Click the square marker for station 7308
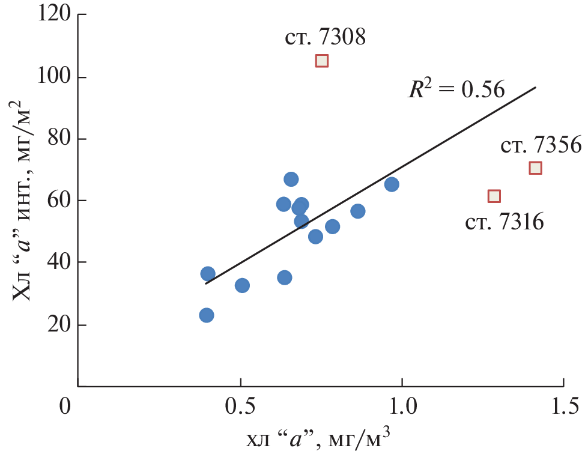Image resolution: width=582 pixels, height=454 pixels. coord(322,61)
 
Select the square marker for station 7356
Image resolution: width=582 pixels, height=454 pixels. coord(535,168)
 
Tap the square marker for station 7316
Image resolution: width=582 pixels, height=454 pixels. coord(494,196)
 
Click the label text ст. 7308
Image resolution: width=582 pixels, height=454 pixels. coord(325,37)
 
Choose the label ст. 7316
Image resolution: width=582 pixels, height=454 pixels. coord(505,223)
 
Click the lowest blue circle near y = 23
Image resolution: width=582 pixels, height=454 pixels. coord(207,315)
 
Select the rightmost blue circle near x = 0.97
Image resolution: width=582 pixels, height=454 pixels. coord(392,184)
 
